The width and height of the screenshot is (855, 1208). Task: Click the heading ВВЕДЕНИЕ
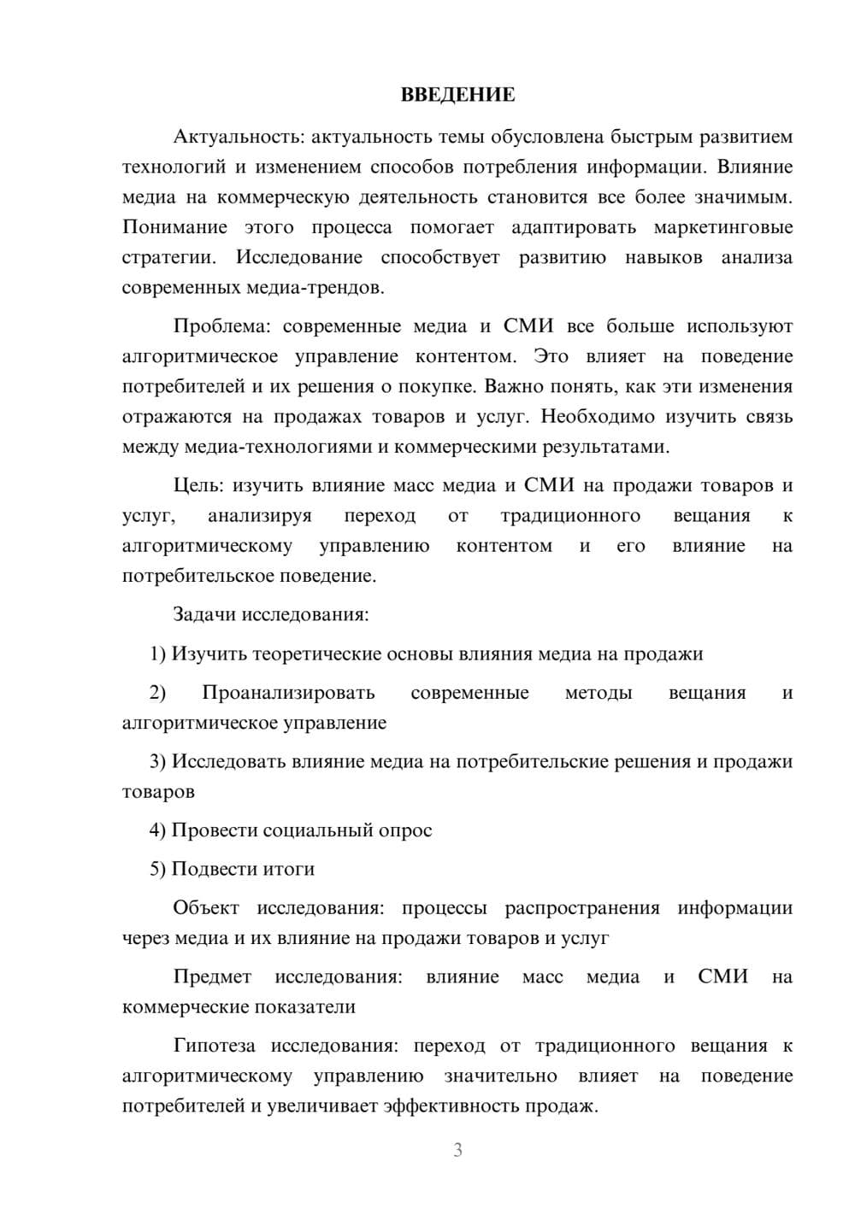(457, 95)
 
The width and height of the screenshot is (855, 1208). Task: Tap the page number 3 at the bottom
(457, 1150)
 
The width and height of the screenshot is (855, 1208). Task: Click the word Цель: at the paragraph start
(198, 486)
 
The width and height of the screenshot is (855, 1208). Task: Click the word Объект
(206, 907)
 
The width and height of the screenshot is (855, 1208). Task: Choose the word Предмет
(212, 976)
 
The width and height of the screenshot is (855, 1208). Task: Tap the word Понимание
(174, 227)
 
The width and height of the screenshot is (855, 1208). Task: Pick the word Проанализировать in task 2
(288, 693)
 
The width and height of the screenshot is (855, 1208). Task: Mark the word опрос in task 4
(407, 830)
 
